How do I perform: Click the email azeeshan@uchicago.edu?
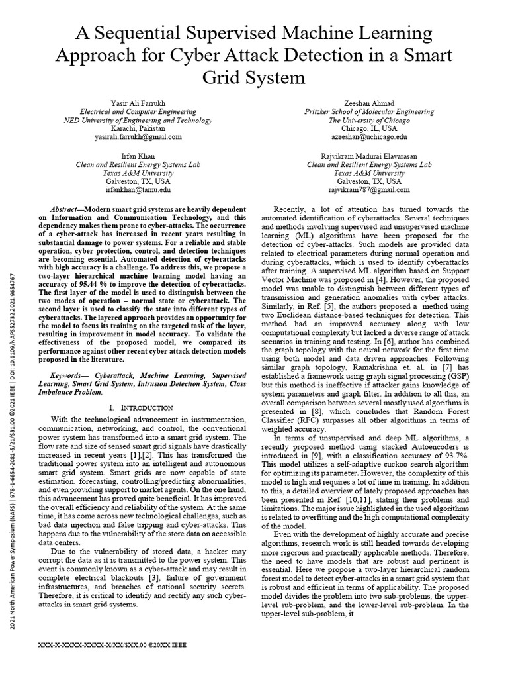[x=369, y=136]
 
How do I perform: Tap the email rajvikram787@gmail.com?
[x=369, y=189]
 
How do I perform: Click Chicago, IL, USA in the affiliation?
[x=369, y=128]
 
